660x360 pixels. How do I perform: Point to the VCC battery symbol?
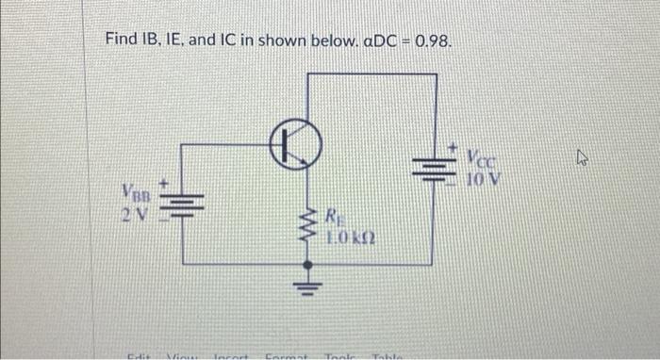[x=435, y=170]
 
